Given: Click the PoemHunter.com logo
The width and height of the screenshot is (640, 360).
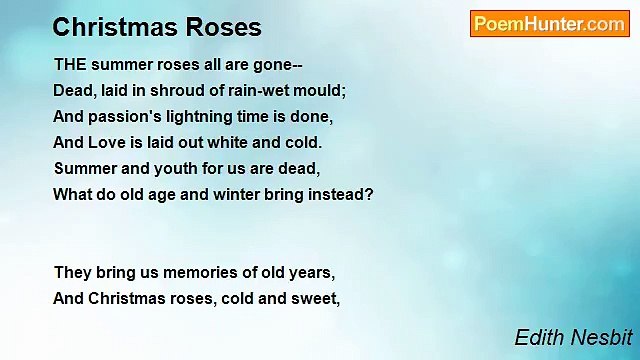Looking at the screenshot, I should (549, 24).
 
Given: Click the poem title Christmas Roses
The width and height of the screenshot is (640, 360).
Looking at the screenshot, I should (157, 27).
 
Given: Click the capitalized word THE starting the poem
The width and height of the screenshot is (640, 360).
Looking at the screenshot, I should (70, 63).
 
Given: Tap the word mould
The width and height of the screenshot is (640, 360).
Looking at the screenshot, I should (319, 89).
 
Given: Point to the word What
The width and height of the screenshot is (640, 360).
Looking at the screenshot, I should (72, 194).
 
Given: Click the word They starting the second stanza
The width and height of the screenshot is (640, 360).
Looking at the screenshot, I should (72, 272).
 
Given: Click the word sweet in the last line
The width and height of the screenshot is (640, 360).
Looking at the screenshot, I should (321, 298).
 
